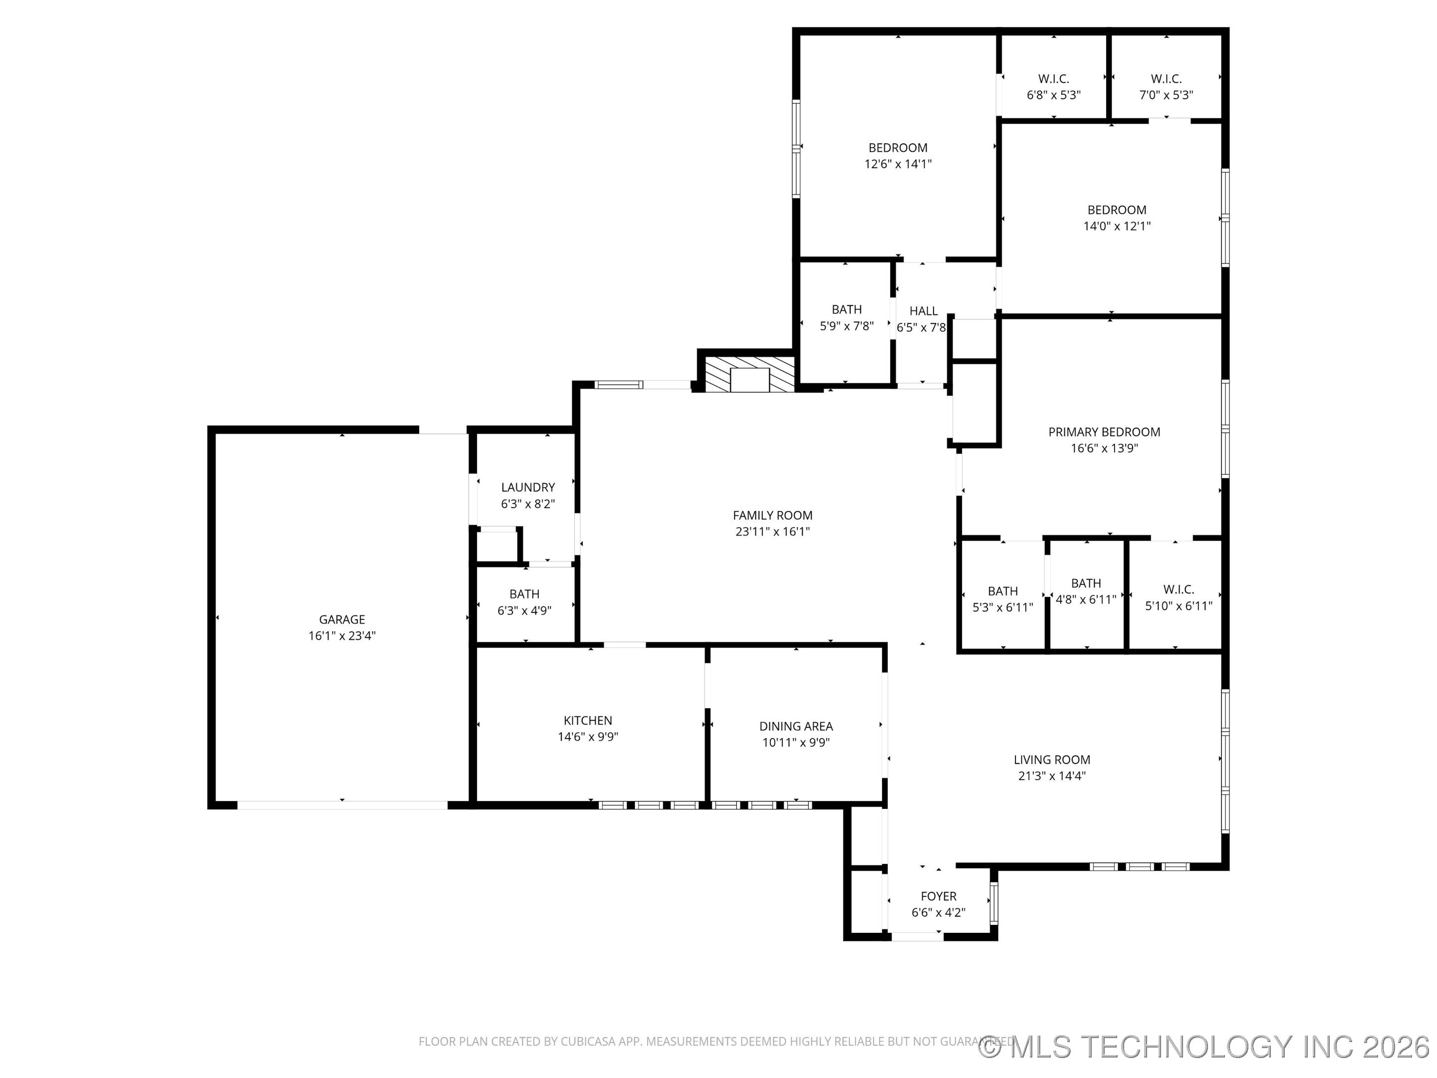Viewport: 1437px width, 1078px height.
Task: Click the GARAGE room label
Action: (342, 619)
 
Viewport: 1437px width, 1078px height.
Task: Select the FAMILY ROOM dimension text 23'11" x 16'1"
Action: (772, 532)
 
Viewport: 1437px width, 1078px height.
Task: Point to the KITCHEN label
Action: (587, 720)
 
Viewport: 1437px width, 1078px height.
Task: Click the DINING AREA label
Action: (796, 726)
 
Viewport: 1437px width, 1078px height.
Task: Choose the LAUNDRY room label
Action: (527, 487)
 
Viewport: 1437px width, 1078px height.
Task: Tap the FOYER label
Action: (938, 896)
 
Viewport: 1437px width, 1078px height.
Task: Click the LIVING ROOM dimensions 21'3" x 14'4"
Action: (1052, 775)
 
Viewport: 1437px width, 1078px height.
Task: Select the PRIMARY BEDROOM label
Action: (1104, 432)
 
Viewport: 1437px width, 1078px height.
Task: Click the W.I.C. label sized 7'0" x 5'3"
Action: (1166, 79)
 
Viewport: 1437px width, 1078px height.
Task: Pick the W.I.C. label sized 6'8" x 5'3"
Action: (1053, 79)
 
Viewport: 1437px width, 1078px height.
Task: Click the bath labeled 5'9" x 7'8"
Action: (846, 310)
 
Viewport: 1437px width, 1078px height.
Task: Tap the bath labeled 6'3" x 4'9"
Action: (524, 594)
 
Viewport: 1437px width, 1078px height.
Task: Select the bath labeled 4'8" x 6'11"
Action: (1086, 583)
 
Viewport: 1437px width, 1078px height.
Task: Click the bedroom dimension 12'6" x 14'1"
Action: (898, 164)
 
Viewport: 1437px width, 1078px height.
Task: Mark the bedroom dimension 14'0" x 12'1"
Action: (1117, 226)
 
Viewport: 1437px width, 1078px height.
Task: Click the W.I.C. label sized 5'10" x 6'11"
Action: (1179, 589)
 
